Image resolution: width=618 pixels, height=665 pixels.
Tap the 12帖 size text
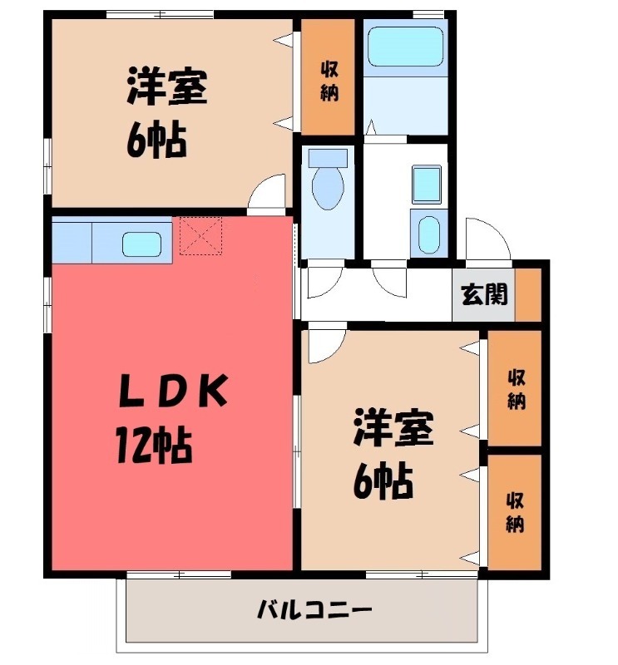(x=154, y=446)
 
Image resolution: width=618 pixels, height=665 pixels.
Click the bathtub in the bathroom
(x=405, y=47)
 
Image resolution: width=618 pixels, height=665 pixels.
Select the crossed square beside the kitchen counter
(x=200, y=235)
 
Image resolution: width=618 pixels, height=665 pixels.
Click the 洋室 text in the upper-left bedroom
(x=167, y=88)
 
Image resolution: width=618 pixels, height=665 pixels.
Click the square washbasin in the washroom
(x=426, y=183)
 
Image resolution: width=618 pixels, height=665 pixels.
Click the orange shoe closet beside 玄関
(x=528, y=294)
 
